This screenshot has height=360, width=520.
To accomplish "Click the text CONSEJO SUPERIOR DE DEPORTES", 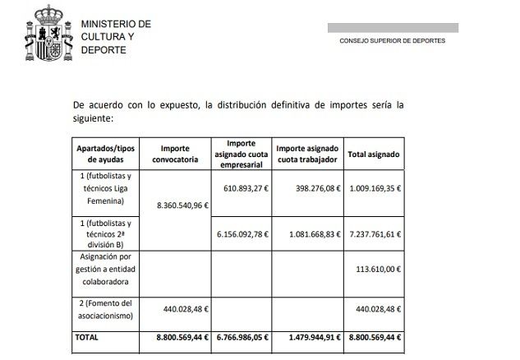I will (393, 39).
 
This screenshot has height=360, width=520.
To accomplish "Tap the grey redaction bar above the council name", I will (393, 27).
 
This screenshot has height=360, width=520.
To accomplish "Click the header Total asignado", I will (374, 154).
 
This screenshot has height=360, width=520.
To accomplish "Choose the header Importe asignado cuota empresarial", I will (242, 154).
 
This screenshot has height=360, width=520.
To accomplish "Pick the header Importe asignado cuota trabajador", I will (307, 154).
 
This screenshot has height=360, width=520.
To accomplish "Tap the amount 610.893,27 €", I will (242, 187).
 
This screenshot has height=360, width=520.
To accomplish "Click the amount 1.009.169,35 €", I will (375, 187).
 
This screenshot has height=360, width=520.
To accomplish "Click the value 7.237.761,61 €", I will (374, 233).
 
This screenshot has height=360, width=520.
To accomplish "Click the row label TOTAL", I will (87, 336).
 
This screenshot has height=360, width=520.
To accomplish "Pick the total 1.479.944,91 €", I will (311, 336).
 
